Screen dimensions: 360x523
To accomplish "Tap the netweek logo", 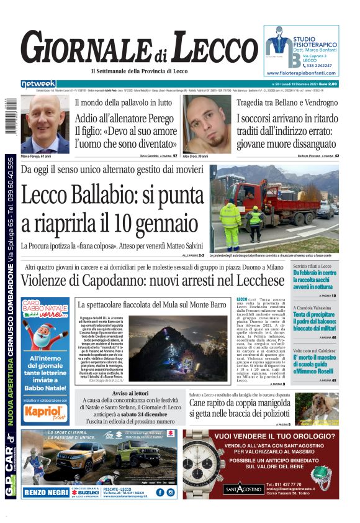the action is pos(38,84).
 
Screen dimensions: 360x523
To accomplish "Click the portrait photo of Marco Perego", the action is pos(45,124).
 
